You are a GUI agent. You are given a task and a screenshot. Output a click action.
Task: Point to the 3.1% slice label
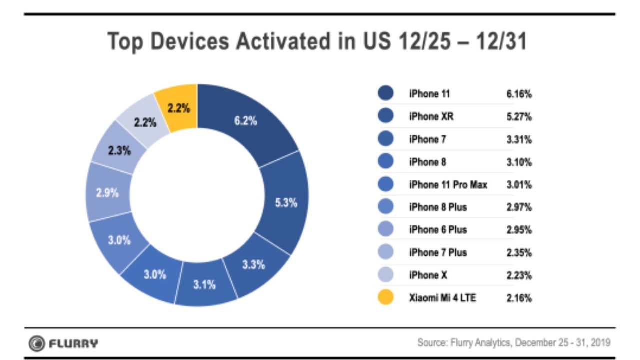(204, 285)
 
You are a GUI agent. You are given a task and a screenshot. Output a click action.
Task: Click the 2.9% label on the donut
(107, 193)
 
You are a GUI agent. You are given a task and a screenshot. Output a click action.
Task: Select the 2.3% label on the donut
(119, 150)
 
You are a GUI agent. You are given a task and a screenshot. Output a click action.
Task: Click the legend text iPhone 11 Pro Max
(448, 185)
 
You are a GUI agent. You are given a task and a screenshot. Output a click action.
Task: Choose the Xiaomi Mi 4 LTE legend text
(442, 298)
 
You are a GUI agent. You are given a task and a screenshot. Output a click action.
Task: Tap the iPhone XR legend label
(431, 116)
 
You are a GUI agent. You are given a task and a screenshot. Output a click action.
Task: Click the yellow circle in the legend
(386, 298)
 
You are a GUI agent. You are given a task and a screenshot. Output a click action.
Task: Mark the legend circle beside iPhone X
(386, 275)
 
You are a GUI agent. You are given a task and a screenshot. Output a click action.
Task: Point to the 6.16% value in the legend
(519, 94)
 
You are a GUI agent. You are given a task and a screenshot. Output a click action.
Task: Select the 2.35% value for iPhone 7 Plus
(519, 252)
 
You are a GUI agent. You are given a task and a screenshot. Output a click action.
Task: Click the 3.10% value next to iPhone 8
(519, 162)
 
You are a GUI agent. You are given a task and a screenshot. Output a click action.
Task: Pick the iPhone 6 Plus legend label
(438, 230)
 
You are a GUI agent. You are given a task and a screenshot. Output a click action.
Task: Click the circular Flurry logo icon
(36, 343)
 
